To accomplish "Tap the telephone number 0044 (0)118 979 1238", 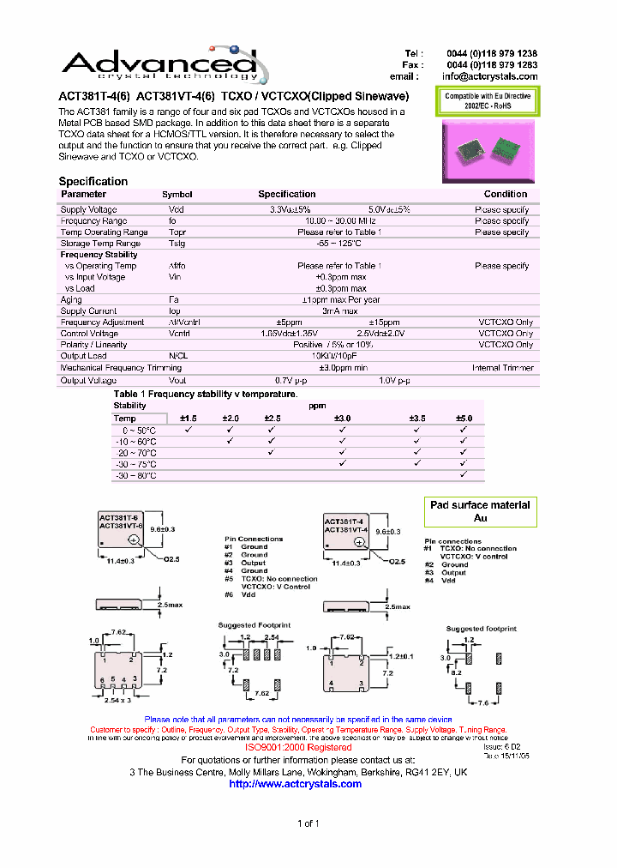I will pyautogui.click(x=492, y=53).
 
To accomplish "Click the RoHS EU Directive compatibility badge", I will pyautogui.click(x=488, y=101).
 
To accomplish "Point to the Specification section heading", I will pyautogui.click(x=93, y=181).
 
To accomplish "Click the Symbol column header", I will pyautogui.click(x=177, y=195).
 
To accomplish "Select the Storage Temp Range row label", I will pyautogui.click(x=99, y=244).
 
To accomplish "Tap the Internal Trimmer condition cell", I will pyautogui.click(x=502, y=368).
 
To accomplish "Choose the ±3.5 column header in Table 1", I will pyautogui.click(x=416, y=418).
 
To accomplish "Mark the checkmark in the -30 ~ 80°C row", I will pyautogui.click(x=463, y=474).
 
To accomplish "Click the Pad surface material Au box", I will pyautogui.click(x=480, y=512).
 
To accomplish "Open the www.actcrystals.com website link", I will pyautogui.click(x=296, y=784).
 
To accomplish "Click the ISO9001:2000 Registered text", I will pyautogui.click(x=298, y=748).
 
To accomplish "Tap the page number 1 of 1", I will pyautogui.click(x=308, y=824).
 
